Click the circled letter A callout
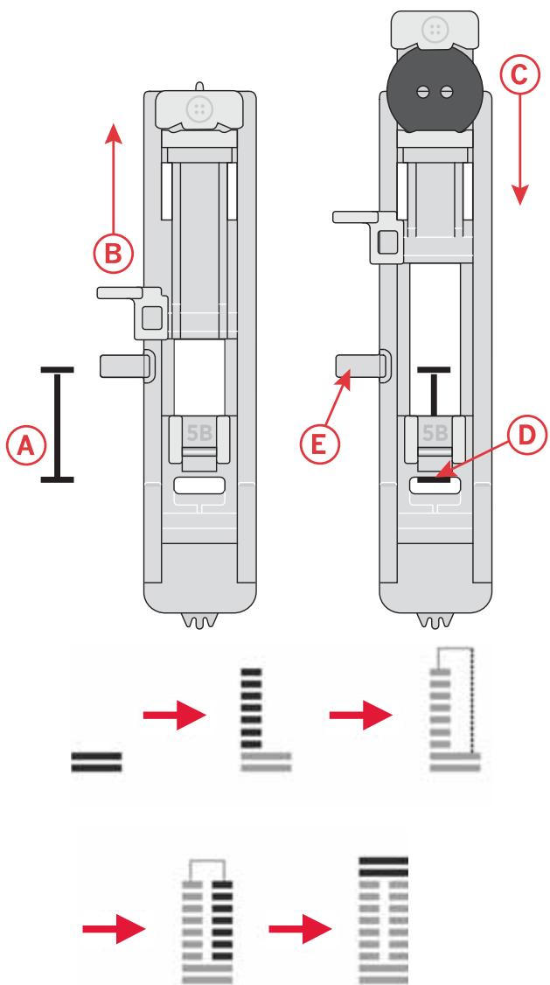(x=26, y=445)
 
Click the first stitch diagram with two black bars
(x=97, y=759)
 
